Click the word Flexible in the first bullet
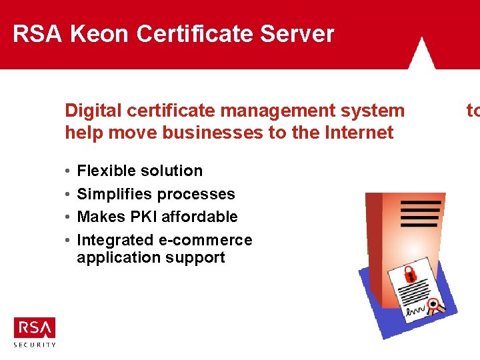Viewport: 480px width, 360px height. [x=106, y=171]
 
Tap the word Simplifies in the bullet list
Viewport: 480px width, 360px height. [x=109, y=194]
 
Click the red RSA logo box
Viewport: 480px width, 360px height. [x=35, y=328]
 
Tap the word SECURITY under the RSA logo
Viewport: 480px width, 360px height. [x=35, y=345]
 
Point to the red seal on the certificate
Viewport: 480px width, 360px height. [x=435, y=307]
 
